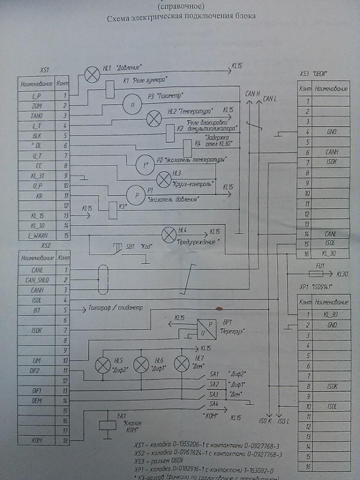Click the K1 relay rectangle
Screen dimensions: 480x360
tap(109, 88)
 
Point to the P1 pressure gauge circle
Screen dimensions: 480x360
tap(136, 195)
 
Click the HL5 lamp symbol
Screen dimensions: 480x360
tap(101, 364)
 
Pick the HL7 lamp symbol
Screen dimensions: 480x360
tap(181, 364)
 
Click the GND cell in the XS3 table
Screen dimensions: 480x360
tap(332, 131)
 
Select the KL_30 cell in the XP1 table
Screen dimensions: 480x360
tap(332, 314)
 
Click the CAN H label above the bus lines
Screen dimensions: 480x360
tap(252, 94)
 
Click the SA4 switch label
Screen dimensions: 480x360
tap(214, 403)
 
